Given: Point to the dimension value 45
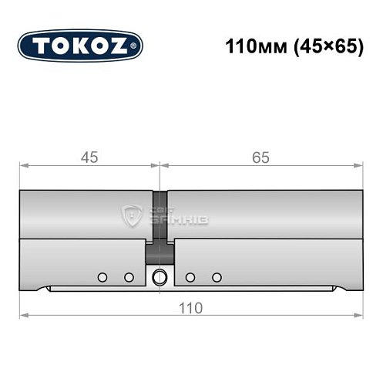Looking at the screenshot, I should point(90,157).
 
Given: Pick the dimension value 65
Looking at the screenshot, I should point(260,157).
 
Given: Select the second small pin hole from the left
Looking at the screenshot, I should point(129,277).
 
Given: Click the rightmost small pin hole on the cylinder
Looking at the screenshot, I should point(217,277).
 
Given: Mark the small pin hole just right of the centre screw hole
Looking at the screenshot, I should point(189,277).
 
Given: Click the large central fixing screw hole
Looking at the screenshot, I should point(160,277).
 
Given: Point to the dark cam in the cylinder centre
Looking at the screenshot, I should point(160,252).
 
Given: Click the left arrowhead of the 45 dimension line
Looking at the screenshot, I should point(24,165).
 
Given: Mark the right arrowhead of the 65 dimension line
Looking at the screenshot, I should point(358,165).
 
